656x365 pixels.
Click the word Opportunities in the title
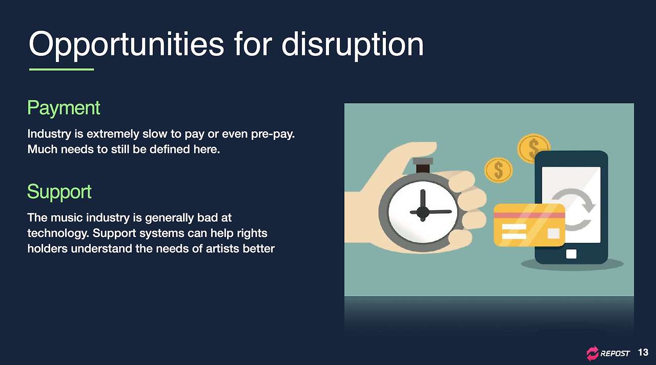pyautogui.click(x=126, y=45)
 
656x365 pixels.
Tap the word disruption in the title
pyautogui.click(x=353, y=44)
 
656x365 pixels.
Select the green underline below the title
pyautogui.click(x=61, y=69)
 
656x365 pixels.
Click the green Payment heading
pyautogui.click(x=64, y=108)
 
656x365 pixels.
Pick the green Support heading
pyautogui.click(x=59, y=192)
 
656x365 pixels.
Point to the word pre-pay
pyautogui.click(x=273, y=134)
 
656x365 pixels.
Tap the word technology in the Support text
pyautogui.click(x=58, y=234)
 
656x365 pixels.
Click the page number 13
pyautogui.click(x=643, y=352)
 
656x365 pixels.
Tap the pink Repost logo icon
pyautogui.click(x=592, y=353)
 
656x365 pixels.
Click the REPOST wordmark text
pyautogui.click(x=614, y=354)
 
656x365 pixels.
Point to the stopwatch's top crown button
pyautogui.click(x=423, y=161)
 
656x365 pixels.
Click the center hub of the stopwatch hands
pyautogui.click(x=423, y=212)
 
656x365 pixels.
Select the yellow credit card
pyautogui.click(x=529, y=225)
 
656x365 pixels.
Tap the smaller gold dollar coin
pyautogui.click(x=499, y=170)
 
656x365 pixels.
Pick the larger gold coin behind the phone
pyautogui.click(x=533, y=149)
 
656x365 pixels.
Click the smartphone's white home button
pyautogui.click(x=571, y=254)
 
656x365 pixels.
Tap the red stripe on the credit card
pyautogui.click(x=529, y=216)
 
